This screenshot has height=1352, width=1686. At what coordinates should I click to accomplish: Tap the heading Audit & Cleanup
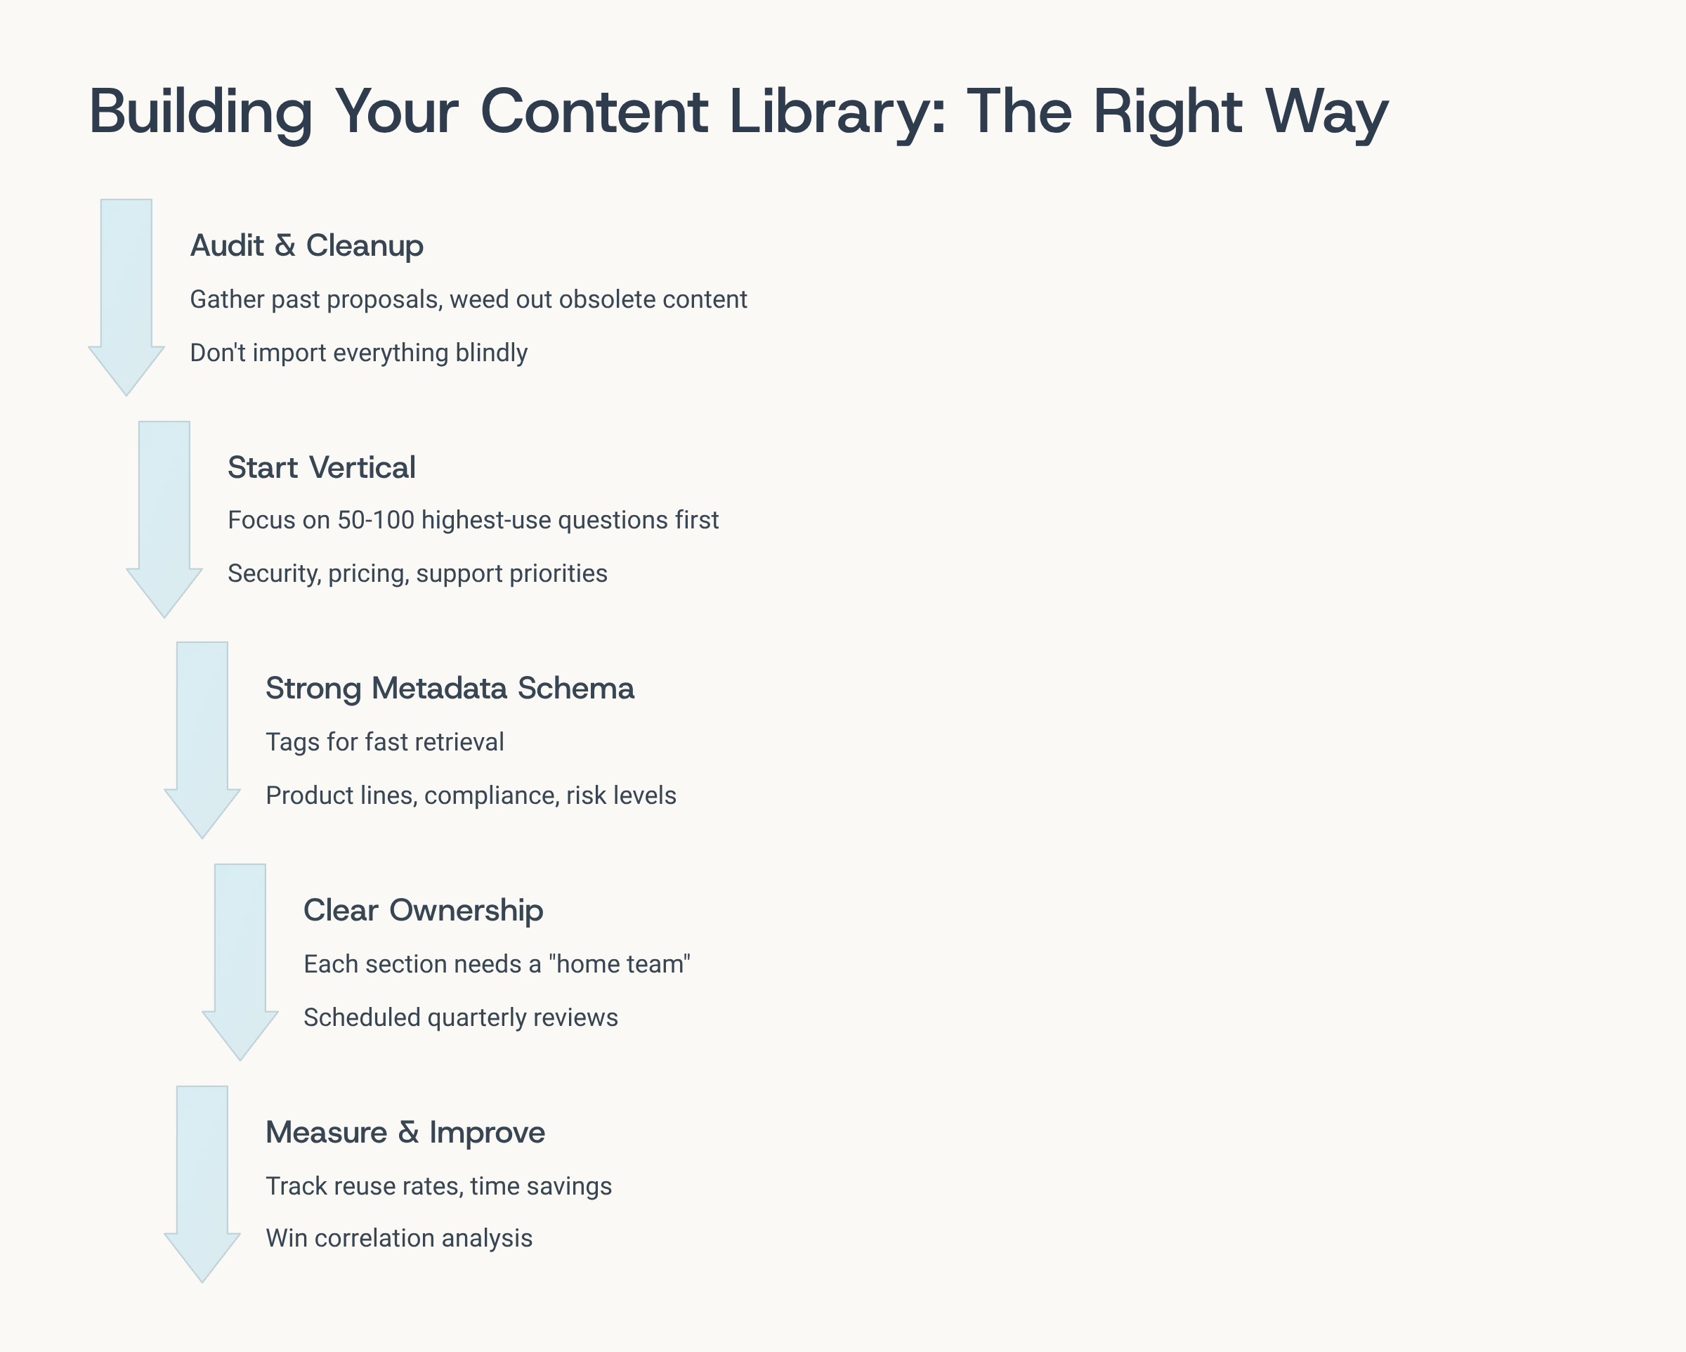tap(306, 246)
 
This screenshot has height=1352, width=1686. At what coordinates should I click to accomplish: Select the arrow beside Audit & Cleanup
tap(126, 297)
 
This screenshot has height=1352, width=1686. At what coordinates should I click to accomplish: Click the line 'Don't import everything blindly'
tap(359, 353)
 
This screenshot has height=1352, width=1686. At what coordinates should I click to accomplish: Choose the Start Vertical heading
tap(322, 468)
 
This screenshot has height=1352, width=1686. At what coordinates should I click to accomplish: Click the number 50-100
tap(375, 520)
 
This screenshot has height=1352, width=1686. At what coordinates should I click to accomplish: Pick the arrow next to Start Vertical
tap(164, 519)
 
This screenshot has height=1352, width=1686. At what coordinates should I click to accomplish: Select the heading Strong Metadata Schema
tap(450, 689)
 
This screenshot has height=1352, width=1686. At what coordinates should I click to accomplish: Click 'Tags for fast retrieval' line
tap(385, 742)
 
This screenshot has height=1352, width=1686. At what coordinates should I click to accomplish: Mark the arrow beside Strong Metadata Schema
tap(202, 740)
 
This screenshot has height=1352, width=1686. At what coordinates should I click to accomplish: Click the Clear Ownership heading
tap(423, 911)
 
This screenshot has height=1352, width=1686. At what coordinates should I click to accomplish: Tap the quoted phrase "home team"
tap(620, 964)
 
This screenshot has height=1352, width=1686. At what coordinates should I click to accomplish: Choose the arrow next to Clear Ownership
tap(240, 963)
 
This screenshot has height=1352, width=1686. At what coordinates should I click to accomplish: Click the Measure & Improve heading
tap(405, 1133)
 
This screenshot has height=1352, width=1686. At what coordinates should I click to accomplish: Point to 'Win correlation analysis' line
tap(399, 1239)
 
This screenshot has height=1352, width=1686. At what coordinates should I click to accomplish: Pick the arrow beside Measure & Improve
tap(202, 1184)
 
